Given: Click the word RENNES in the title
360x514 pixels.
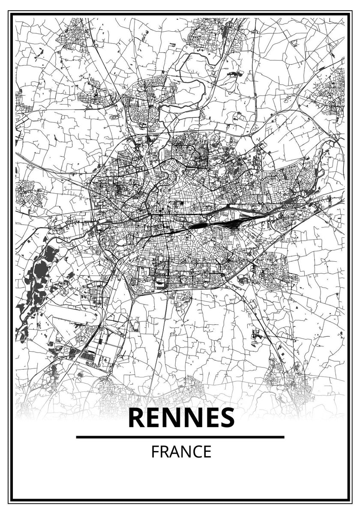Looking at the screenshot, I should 181,418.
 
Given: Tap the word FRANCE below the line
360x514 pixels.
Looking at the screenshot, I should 181,452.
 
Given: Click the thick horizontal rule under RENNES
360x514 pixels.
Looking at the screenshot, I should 180,437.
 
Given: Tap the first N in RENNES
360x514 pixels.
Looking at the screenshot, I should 172,418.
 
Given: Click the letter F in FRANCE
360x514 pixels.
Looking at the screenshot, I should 154,452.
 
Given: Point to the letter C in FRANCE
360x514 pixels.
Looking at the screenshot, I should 197,452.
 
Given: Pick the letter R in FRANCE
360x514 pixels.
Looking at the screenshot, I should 164,452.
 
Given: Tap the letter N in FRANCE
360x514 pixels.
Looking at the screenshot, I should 186,452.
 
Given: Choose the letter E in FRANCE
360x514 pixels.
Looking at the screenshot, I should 207,452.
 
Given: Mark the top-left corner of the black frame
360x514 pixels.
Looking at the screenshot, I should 11,14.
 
